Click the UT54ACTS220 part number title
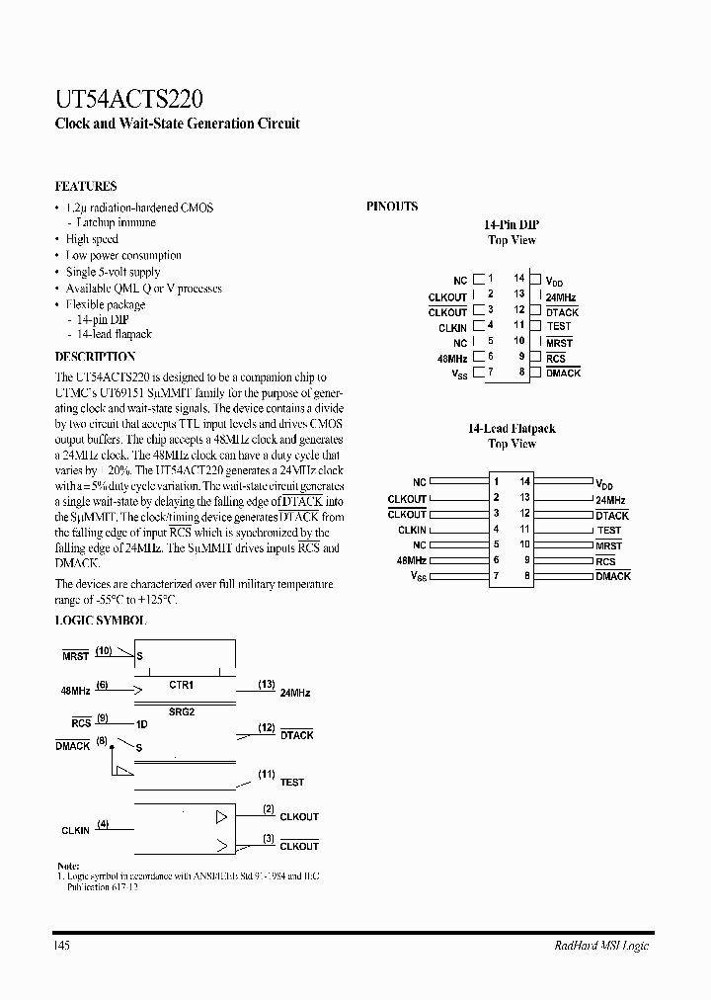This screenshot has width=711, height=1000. point(129,98)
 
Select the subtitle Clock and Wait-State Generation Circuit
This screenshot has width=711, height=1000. point(176,125)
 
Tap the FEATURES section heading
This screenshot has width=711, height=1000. point(86,186)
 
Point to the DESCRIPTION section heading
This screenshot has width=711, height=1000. point(95,356)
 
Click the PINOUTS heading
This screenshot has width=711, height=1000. point(392,207)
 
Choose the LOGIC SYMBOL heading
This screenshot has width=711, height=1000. point(100,621)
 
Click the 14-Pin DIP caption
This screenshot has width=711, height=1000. point(512,225)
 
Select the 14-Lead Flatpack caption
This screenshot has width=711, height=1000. point(512,429)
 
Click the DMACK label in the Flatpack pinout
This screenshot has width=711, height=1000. point(612,576)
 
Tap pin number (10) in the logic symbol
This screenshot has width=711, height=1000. point(104,650)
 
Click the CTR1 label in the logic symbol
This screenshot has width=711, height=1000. point(182,684)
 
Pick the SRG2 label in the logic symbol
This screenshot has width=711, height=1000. point(182,710)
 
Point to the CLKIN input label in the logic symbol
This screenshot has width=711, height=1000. point(75,831)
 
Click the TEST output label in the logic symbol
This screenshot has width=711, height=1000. point(292,783)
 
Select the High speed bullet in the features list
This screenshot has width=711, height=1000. point(92,239)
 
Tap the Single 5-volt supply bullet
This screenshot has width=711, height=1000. point(113,272)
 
